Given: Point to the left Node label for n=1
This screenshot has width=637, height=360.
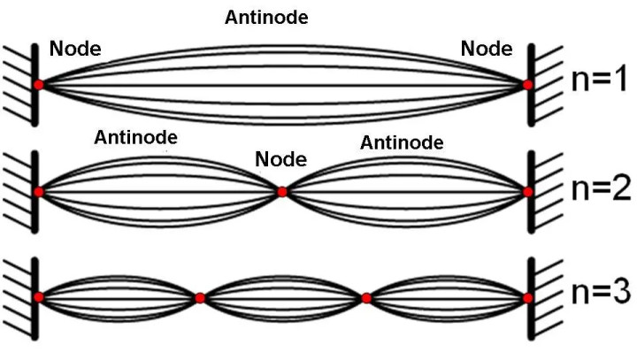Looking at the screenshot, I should click(75, 48).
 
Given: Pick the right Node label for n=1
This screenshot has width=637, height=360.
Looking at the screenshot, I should click(487, 48).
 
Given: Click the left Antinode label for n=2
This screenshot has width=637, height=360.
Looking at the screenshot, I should click(135, 137).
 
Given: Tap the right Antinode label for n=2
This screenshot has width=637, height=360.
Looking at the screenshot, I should click(402, 142).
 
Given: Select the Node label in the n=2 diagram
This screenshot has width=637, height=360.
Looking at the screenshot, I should click(280, 160).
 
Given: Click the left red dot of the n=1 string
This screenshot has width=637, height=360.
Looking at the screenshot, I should click(39, 84).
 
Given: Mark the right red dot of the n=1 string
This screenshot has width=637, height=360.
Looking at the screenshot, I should click(527, 85).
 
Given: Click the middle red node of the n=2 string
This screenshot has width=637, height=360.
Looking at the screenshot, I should click(282, 191).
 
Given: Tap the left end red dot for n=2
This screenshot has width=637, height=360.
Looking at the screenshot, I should click(39, 191).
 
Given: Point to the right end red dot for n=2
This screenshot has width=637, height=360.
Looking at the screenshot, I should click(528, 191).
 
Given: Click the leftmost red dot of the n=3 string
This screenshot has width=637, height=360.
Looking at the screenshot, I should click(39, 298).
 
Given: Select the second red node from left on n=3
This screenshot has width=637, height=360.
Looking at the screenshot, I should click(200, 298).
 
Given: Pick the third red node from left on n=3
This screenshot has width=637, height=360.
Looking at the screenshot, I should click(365, 298).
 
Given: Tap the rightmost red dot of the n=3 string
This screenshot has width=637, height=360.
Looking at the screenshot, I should click(528, 298).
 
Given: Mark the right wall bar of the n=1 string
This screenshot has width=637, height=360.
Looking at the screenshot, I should click(533, 84).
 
